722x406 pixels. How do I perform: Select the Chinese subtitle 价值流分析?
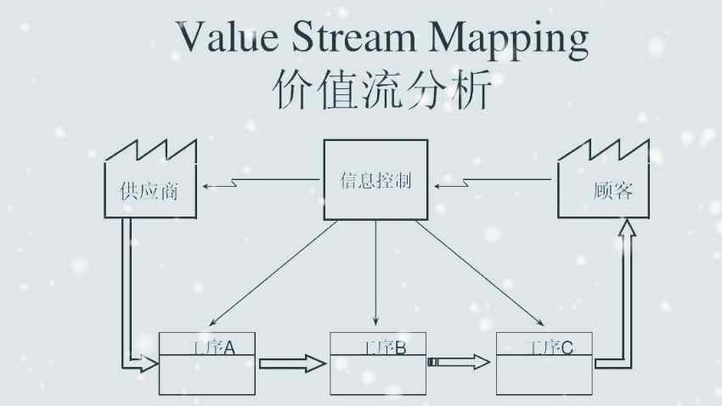click(381, 90)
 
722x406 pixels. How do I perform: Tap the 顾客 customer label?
click(612, 190)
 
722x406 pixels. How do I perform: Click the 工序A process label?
click(209, 347)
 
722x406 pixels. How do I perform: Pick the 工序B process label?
click(378, 347)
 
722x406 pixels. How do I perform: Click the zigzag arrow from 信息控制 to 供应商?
click(259, 181)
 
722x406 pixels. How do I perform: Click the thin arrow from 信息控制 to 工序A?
click(272, 273)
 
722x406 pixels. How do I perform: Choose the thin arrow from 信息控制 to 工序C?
click(480, 273)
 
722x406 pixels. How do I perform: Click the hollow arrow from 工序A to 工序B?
click(292, 364)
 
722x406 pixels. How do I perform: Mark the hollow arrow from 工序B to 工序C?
click(460, 363)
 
